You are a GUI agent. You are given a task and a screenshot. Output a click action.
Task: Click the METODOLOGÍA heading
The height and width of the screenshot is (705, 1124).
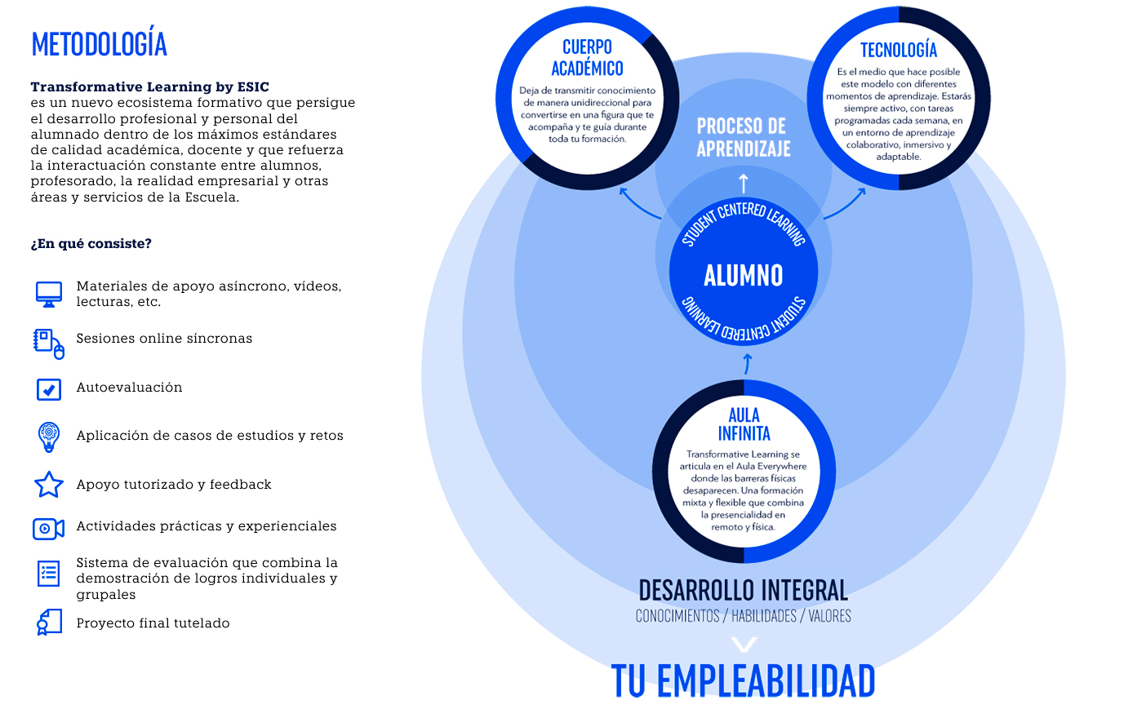[x=99, y=44]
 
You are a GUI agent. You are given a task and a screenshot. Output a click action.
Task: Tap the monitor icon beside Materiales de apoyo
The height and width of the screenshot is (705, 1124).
[x=49, y=294]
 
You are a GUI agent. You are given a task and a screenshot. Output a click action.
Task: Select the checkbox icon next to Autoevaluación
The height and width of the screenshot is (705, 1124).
[x=49, y=389]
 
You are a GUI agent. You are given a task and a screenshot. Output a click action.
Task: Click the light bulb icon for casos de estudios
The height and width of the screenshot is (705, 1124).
[x=49, y=437]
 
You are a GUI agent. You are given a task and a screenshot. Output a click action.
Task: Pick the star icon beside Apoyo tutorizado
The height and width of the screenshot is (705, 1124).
[x=49, y=485]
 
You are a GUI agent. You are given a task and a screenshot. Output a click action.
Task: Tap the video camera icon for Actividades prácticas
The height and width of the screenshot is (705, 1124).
[x=48, y=529]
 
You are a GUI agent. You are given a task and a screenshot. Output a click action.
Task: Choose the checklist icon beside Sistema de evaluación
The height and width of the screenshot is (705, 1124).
[x=49, y=573]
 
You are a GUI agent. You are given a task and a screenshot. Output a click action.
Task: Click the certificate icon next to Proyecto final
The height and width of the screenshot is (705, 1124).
[x=49, y=623]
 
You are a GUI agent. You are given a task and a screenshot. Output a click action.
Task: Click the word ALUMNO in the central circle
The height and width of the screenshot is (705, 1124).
[x=743, y=276]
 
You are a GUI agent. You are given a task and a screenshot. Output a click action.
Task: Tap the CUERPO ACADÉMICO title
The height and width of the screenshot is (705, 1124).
[x=587, y=57]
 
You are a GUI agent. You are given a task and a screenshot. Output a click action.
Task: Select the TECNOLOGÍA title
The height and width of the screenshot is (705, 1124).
[x=899, y=51]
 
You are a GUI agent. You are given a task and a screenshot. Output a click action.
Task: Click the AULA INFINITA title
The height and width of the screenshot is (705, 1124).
[x=744, y=424]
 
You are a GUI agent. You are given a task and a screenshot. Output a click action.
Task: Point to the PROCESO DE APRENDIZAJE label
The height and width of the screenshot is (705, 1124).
[x=743, y=137]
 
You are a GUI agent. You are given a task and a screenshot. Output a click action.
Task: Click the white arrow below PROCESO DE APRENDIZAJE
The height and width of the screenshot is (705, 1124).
[x=743, y=183]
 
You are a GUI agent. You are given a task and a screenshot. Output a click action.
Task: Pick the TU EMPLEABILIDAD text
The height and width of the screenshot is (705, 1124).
[x=743, y=681]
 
